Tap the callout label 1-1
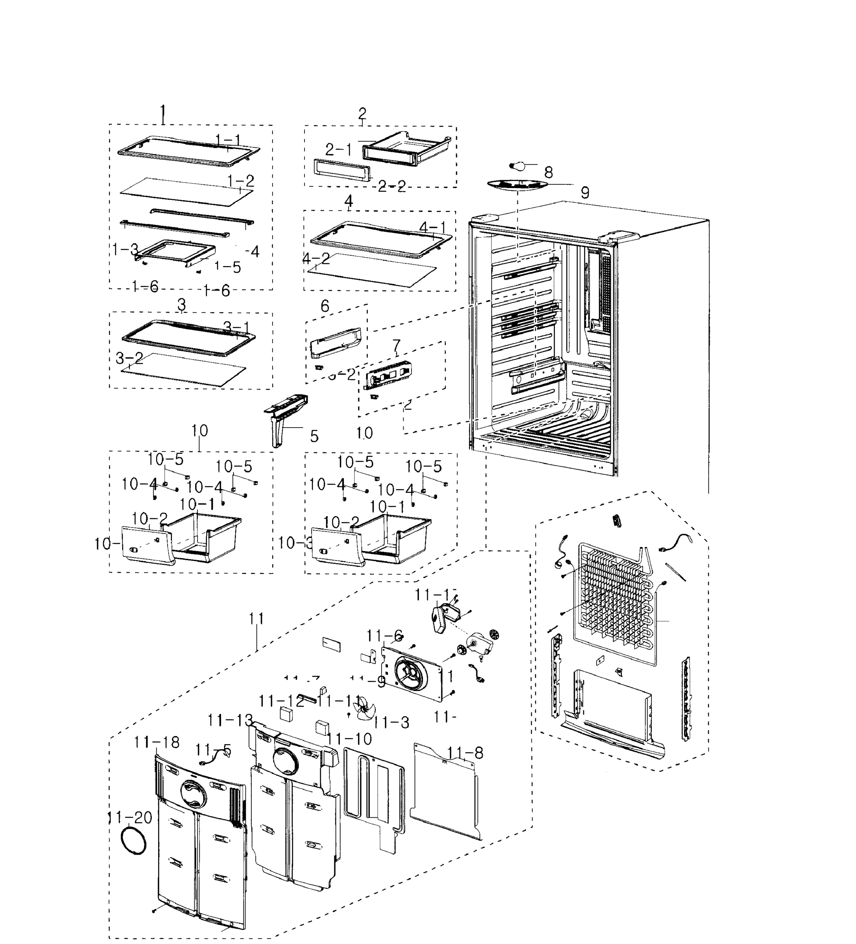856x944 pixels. tap(228, 139)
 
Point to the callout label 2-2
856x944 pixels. tap(392, 186)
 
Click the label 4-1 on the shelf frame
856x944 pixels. tap(433, 228)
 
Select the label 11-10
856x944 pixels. tap(349, 739)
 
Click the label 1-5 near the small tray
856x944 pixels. tap(228, 267)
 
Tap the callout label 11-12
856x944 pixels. tap(281, 701)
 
